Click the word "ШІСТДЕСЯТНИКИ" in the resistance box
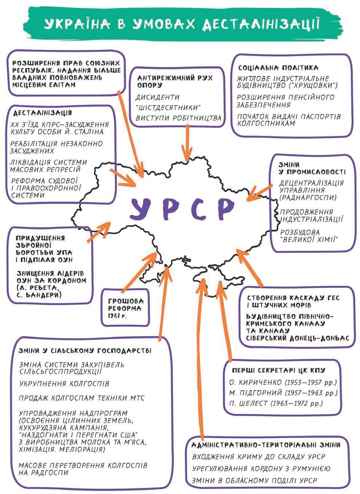pos(169,108)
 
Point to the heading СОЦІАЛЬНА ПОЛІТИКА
pos(278,68)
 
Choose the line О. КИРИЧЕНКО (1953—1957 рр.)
pos(283,383)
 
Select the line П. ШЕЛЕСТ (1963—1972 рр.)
pos(276,403)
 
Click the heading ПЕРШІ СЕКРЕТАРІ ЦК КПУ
pos(278,370)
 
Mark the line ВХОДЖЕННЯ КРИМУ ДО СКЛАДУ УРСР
pos(258,456)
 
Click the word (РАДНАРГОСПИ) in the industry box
pos(308,197)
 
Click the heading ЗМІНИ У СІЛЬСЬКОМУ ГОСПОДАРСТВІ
pos(85,350)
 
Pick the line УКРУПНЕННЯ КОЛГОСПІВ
pos(64,384)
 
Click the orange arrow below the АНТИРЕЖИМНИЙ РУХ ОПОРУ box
pos(187,142)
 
